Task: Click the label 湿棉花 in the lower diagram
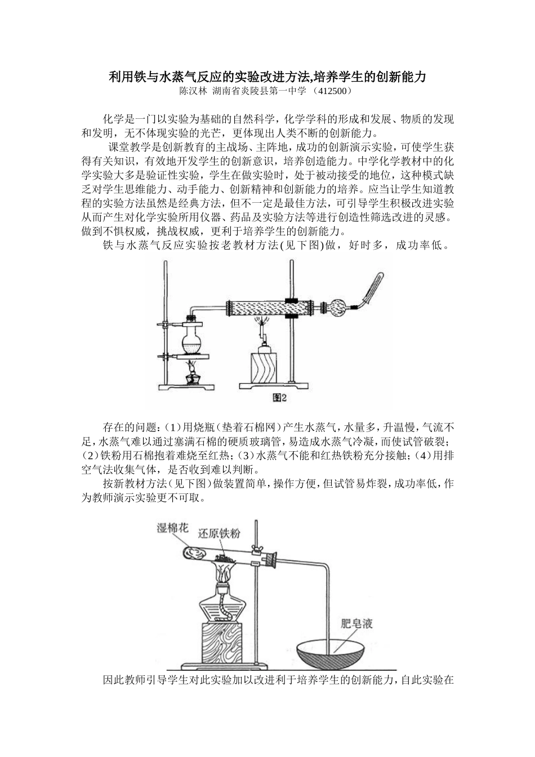172,528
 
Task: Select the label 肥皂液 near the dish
357,624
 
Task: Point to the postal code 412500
335,90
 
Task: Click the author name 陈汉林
193,90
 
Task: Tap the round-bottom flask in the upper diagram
191,341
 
